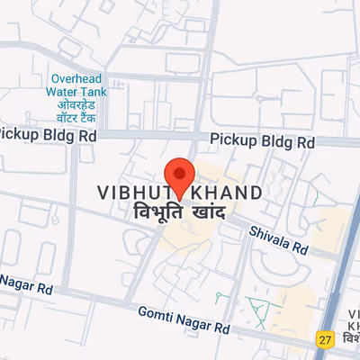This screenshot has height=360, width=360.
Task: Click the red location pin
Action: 179,175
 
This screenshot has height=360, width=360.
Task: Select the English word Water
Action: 66,92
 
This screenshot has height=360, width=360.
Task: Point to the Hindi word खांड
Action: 202,213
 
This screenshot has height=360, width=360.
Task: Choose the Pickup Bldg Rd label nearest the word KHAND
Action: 262,142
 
